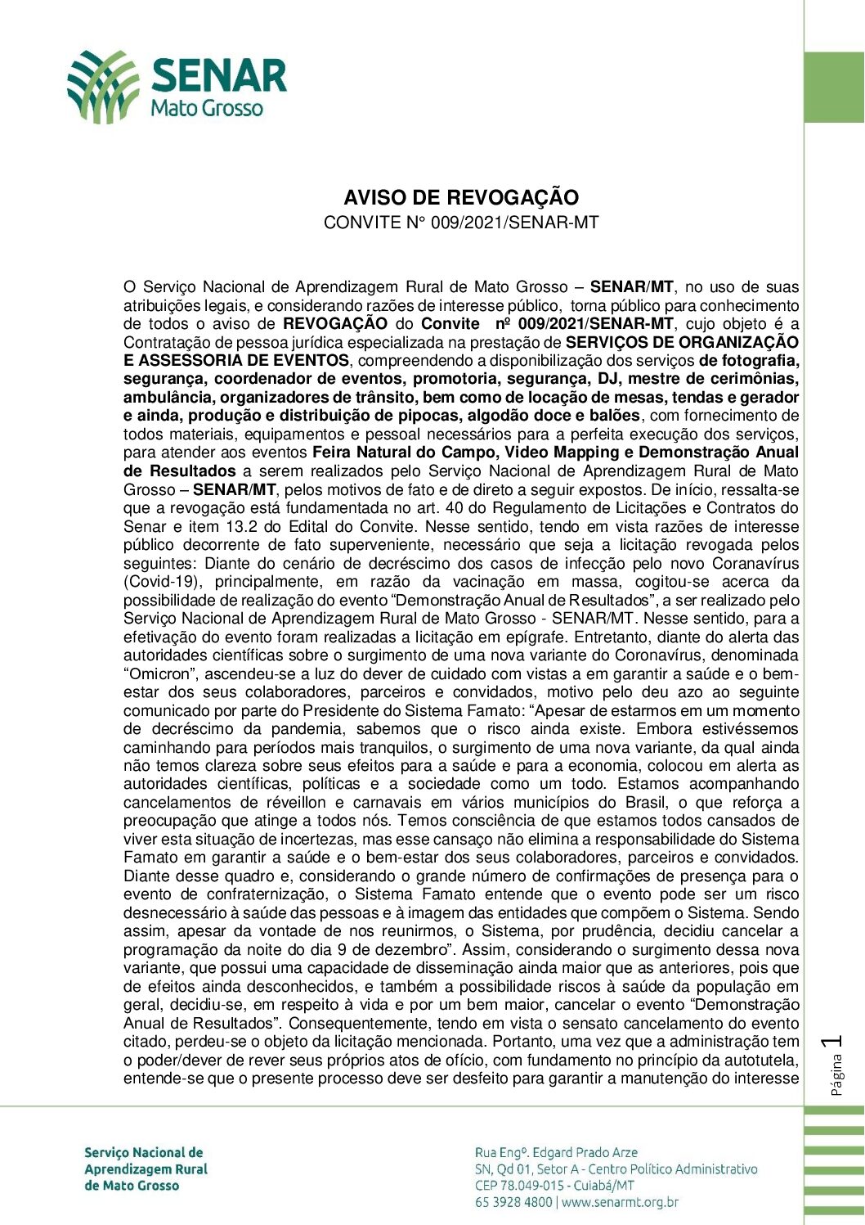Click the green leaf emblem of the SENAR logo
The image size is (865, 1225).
[x=102, y=86]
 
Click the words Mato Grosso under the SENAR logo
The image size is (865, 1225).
[x=207, y=109]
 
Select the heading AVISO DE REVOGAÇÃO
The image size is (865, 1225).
[x=461, y=197]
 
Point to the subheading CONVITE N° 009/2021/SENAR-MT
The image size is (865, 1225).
[x=461, y=223]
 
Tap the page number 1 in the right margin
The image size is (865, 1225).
[x=835, y=1042]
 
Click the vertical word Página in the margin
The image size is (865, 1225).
[x=836, y=1074]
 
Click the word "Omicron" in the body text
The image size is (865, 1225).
[x=161, y=674]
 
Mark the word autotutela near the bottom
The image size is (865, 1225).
[x=762, y=1061]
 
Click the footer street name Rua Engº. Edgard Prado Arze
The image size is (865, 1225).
[x=556, y=1152]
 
